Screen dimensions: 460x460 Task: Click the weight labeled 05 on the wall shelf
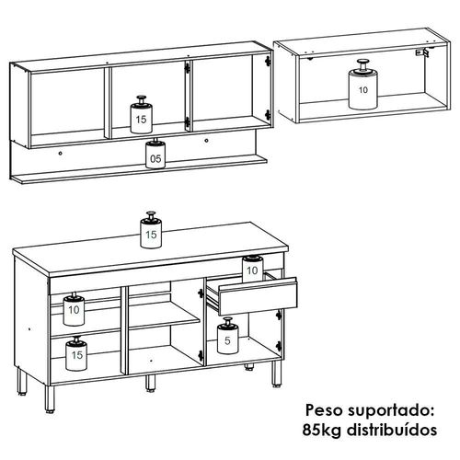155,155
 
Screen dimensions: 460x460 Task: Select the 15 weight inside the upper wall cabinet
142,115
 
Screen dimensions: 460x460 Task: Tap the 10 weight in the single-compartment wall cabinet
362,85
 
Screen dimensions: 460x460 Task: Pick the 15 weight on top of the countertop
151,230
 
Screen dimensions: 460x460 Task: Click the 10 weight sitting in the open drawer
252,269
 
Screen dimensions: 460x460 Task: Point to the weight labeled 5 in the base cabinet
227,336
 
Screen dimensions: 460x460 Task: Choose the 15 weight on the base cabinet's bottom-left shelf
76,353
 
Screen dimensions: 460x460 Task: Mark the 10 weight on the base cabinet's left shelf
74,309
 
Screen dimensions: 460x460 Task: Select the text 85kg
322,430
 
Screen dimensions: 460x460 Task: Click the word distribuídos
392,430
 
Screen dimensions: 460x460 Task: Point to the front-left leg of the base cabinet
50,398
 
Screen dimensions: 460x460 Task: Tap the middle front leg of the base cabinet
150,383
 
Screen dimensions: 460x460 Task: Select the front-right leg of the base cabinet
276,374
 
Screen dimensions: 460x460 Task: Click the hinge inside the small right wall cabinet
422,52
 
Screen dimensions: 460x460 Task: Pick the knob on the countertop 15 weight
151,215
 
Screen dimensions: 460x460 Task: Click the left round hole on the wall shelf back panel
60,154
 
